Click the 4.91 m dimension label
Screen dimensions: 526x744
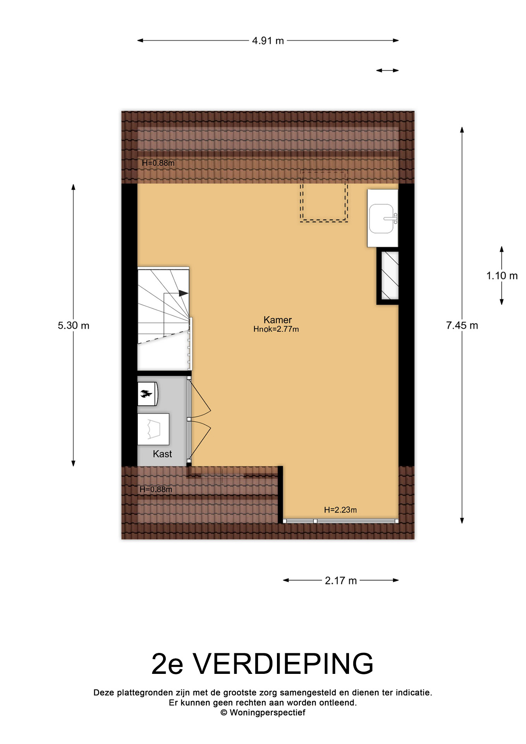pyautogui.click(x=268, y=41)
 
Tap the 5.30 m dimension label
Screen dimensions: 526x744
pyautogui.click(x=74, y=325)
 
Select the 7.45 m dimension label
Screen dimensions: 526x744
pyautogui.click(x=462, y=325)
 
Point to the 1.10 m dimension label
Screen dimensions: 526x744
pyautogui.click(x=502, y=276)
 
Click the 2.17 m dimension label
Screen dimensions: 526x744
pyautogui.click(x=341, y=580)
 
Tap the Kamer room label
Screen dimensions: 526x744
pyautogui.click(x=277, y=320)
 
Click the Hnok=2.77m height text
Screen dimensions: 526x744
pyautogui.click(x=276, y=329)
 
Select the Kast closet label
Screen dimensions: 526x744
pyautogui.click(x=162, y=454)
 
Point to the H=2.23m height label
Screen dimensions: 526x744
pyautogui.click(x=340, y=510)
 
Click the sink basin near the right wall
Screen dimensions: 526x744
pyautogui.click(x=382, y=219)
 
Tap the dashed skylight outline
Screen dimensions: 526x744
pyautogui.click(x=324, y=196)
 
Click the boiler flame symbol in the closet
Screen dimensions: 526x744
pyautogui.click(x=146, y=394)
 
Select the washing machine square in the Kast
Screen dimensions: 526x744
pyautogui.click(x=153, y=429)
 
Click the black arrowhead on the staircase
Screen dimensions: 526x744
pyautogui.click(x=183, y=293)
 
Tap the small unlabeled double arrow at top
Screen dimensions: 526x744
pyautogui.click(x=387, y=71)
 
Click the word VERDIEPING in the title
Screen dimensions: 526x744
pyautogui.click(x=283, y=664)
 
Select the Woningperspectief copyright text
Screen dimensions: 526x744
pyautogui.click(x=263, y=713)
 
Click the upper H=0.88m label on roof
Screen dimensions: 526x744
pyautogui.click(x=158, y=163)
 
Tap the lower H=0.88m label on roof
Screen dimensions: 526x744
pyautogui.click(x=156, y=489)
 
